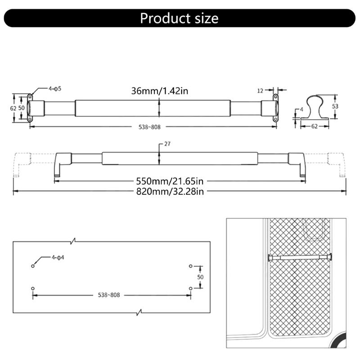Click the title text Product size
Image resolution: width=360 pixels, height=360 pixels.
[x=179, y=18]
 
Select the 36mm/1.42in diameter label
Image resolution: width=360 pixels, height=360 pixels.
[x=159, y=91]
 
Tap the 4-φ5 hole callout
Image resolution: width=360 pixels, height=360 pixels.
[x=54, y=89]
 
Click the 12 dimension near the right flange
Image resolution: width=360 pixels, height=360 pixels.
[x=260, y=90]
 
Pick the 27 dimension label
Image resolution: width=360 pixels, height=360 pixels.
[x=168, y=144]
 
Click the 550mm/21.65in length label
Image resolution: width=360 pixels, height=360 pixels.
[x=170, y=181]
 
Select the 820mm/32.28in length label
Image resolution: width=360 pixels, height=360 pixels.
[x=171, y=192]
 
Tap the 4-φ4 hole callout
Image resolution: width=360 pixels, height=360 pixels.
[x=58, y=258]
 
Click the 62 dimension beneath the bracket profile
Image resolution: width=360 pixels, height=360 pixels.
[x=314, y=126]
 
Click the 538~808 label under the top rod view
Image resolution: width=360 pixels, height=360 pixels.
[x=149, y=127]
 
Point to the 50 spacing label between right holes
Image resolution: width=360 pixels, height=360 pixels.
[x=200, y=277]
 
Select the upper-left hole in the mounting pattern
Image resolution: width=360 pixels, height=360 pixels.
[x=33, y=266]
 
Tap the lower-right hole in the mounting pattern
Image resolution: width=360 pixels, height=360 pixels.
[x=191, y=288]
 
